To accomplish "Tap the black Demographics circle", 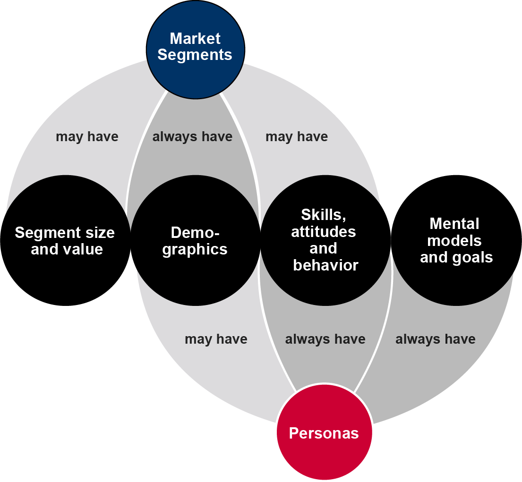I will click(195, 241).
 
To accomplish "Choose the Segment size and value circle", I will click(65, 241).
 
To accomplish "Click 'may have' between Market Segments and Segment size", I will click(87, 137).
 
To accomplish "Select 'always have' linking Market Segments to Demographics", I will click(192, 137).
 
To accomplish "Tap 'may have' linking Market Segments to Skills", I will click(297, 137).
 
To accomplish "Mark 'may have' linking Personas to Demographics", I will click(216, 339).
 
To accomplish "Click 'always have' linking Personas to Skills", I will click(325, 339).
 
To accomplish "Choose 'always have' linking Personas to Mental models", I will click(435, 339).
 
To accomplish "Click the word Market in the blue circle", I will click(195, 38).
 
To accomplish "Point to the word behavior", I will click(325, 265).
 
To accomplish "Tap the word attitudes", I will click(324, 232).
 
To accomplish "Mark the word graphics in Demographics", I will click(195, 249).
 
